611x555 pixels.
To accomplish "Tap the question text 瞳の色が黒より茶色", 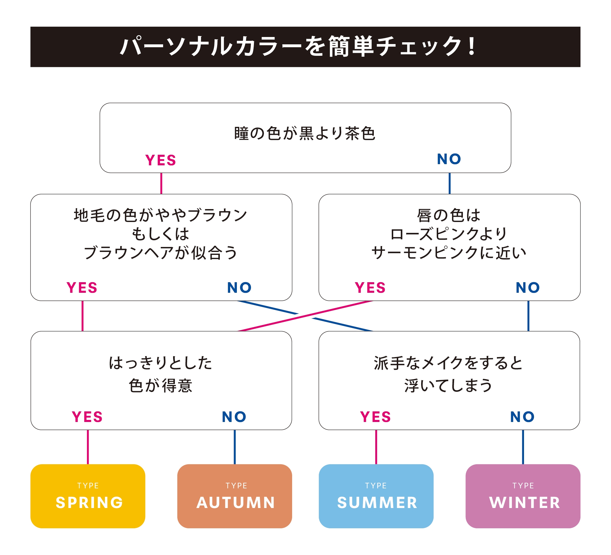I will pos(305,134).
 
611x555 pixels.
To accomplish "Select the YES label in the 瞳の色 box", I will pos(161,160).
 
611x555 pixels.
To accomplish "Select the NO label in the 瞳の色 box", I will pos(449,159).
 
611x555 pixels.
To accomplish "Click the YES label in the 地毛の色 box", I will pos(82,288).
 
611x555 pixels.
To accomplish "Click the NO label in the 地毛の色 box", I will pos(240,288).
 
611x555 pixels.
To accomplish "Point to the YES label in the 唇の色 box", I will pos(370,288).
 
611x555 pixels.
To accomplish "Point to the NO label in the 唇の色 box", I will pos(528,288).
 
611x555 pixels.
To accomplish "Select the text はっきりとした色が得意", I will pos(161,374).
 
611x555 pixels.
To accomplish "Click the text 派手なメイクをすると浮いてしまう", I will pos(448,374).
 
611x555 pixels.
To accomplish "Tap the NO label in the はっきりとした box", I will pos(234,417).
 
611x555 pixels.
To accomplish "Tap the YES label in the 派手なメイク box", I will pos(376,417).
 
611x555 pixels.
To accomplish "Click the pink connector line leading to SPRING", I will pos(88,447).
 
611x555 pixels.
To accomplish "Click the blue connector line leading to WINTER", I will pos(523,447).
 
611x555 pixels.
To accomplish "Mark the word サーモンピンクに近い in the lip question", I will pos(448,253).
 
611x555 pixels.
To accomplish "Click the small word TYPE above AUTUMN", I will pos(236,486).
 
